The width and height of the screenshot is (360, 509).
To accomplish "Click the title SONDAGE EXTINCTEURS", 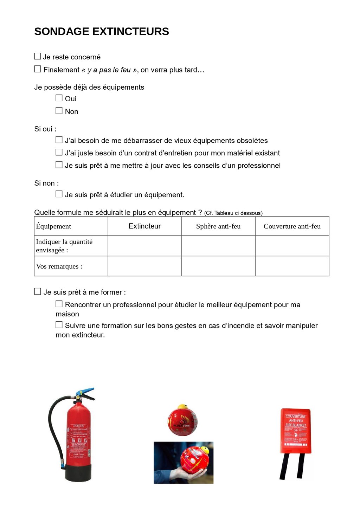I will [x=102, y=32].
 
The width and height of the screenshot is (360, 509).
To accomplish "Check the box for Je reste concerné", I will [x=38, y=56].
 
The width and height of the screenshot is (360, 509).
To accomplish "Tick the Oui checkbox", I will [x=59, y=98].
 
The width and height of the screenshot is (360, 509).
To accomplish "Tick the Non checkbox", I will [x=59, y=111].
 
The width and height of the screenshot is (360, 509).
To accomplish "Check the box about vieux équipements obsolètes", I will [x=59, y=140].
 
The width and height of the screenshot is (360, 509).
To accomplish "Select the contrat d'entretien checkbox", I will [x=59, y=152].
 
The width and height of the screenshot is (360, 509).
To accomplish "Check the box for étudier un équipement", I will [x=59, y=194].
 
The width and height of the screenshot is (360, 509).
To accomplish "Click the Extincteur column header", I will [x=144, y=226].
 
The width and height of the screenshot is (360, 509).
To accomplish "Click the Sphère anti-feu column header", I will [x=218, y=226].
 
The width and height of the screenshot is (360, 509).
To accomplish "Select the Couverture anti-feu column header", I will [x=292, y=226].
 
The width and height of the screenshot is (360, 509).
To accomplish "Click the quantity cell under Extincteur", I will [x=144, y=246].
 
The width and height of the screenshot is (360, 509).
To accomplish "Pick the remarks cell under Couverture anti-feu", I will [x=292, y=266].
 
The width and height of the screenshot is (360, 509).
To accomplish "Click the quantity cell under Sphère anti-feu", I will [x=218, y=246].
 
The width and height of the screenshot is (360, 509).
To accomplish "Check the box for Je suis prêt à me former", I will [x=38, y=291].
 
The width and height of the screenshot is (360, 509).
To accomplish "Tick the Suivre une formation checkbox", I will [x=59, y=325].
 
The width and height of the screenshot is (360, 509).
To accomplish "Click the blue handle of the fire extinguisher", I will [x=86, y=391].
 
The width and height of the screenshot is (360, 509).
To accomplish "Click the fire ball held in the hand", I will [x=194, y=459].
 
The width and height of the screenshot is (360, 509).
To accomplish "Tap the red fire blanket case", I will [x=296, y=431].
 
